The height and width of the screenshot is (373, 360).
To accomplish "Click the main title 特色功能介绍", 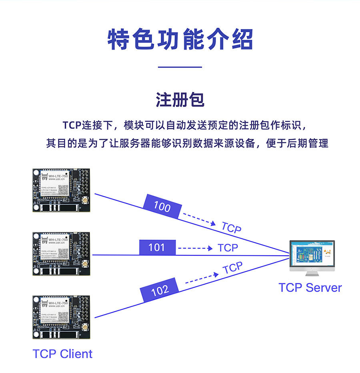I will click(180, 39).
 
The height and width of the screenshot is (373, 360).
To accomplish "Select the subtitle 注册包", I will click(180, 100).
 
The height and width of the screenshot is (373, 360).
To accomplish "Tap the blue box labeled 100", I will click(162, 207).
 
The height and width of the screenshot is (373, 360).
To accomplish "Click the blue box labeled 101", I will click(157, 247).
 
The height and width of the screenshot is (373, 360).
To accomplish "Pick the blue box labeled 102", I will click(160, 290).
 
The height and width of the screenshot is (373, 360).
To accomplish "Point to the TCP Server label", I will click(310, 287).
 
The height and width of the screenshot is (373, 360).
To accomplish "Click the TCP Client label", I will click(62, 354).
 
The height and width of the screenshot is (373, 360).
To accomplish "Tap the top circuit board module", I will click(62, 190).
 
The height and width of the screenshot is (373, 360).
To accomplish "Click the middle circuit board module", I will click(62, 254).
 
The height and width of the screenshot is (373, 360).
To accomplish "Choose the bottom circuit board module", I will click(62, 317).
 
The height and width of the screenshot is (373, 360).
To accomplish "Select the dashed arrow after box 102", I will click(202, 278).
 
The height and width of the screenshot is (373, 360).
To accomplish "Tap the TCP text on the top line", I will click(231, 228).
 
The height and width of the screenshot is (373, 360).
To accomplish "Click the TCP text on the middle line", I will click(228, 248).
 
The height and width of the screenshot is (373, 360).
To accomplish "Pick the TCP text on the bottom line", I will click(232, 268).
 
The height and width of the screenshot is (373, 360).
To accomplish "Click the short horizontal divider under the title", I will click(180, 67).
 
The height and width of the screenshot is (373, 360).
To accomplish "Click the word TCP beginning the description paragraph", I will click(72, 125).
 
